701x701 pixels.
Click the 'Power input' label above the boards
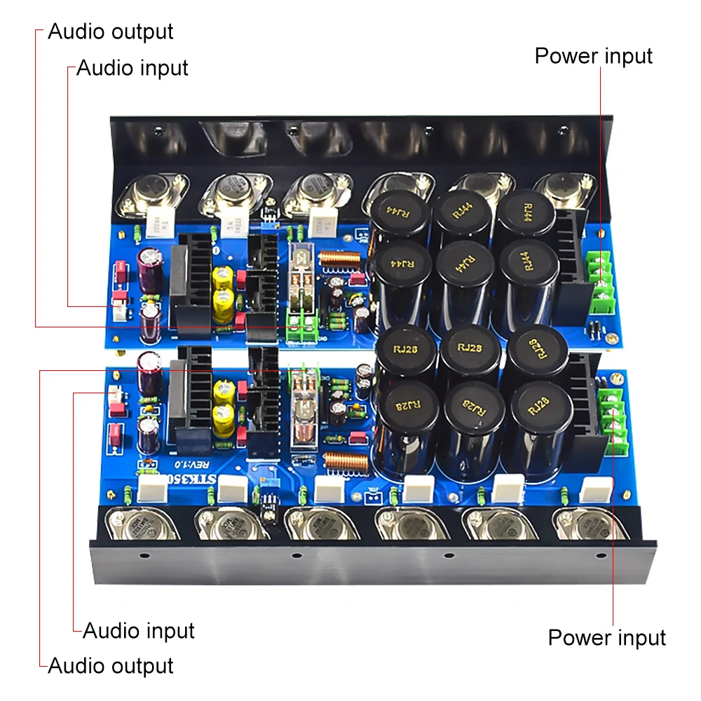coord(593,56)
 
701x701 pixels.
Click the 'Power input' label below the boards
coord(606,638)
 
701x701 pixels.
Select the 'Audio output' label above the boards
coord(110,32)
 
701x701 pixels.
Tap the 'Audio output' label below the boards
coord(110,665)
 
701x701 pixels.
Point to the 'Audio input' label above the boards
coord(132,68)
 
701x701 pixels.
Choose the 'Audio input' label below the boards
coord(138,630)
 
